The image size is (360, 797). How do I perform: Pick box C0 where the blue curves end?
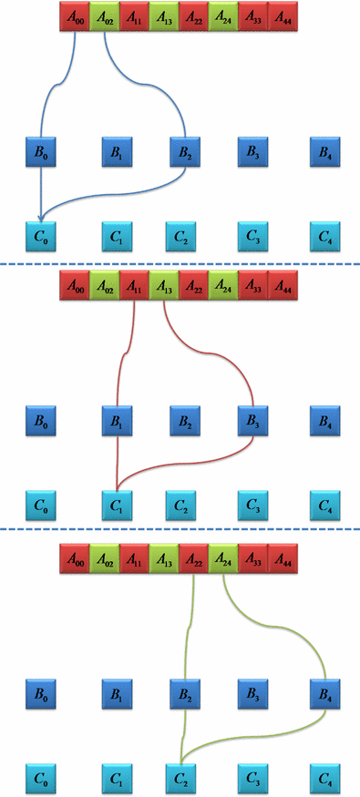click(x=40, y=239)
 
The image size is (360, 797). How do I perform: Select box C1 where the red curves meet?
click(x=116, y=503)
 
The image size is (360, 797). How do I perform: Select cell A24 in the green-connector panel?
click(x=222, y=554)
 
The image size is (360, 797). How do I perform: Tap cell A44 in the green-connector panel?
click(x=282, y=554)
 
